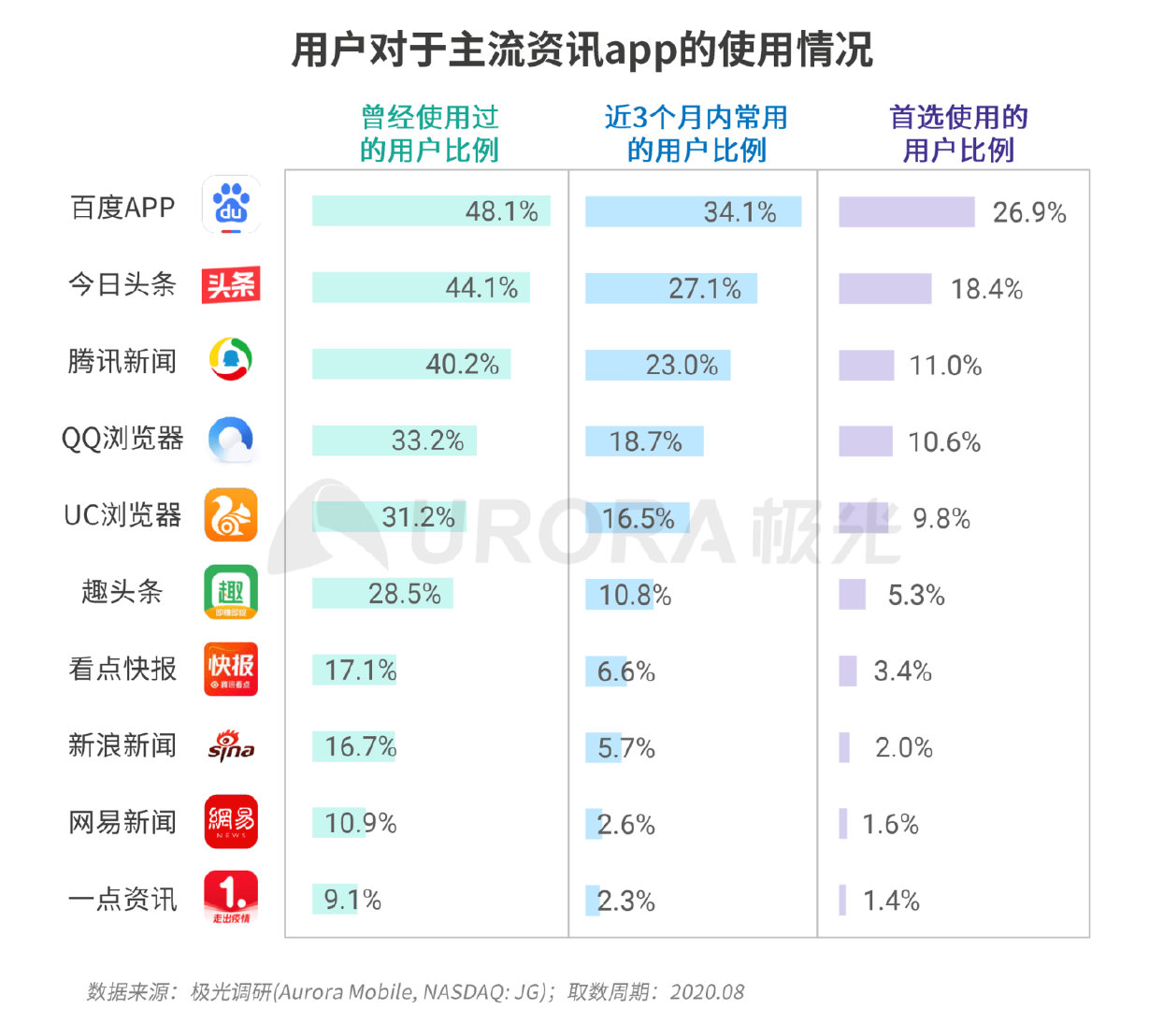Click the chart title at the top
(581, 50)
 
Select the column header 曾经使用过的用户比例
(429, 134)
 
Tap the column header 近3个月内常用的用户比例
(696, 134)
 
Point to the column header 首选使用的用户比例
(958, 134)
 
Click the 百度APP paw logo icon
(231, 205)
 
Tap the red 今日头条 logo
(231, 284)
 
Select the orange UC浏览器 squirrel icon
(231, 515)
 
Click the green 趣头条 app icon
(231, 592)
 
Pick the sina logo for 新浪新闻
(231, 745)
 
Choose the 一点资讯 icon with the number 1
(231, 898)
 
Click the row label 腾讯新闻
(122, 361)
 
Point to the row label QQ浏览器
(122, 438)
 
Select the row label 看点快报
(122, 669)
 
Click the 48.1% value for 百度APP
(502, 211)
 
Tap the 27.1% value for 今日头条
(704, 289)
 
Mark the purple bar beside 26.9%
(906, 212)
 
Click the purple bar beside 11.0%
(866, 366)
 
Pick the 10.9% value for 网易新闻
(361, 824)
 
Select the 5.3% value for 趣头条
(916, 596)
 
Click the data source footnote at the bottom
(416, 991)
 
